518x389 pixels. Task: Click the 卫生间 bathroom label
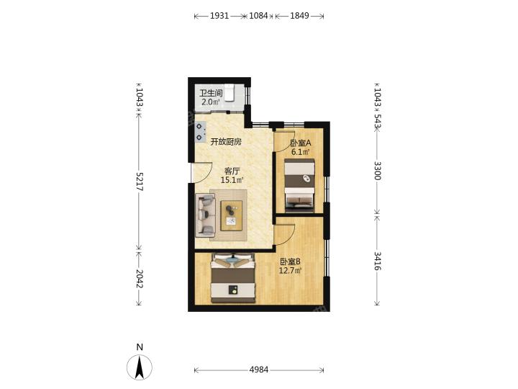click(x=211, y=93)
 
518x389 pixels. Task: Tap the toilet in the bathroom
click(x=230, y=92)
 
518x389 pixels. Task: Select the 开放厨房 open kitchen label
click(x=227, y=142)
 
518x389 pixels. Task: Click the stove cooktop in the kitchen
click(x=200, y=132)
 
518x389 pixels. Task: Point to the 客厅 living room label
click(x=232, y=171)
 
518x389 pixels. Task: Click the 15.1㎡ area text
click(x=232, y=180)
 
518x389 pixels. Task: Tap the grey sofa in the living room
click(x=205, y=215)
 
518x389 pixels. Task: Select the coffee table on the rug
click(x=232, y=215)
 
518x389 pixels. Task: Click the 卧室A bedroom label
click(x=301, y=143)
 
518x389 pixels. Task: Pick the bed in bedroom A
click(x=299, y=185)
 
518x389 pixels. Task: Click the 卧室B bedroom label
click(x=291, y=261)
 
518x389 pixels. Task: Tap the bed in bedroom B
click(x=233, y=278)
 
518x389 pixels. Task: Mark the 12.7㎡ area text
click(x=291, y=271)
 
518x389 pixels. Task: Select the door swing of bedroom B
click(x=284, y=234)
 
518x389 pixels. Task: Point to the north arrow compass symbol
click(x=140, y=367)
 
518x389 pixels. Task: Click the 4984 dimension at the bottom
click(x=259, y=370)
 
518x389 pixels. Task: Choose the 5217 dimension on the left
click(x=139, y=182)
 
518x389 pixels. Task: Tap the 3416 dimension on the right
click(x=377, y=261)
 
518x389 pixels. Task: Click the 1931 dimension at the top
click(x=219, y=16)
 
